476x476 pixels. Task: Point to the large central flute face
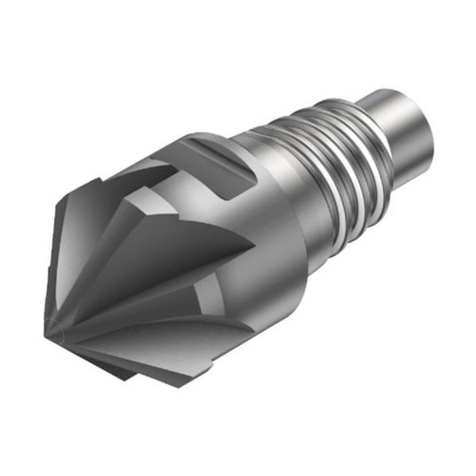159,254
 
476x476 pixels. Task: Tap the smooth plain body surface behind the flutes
262,254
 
